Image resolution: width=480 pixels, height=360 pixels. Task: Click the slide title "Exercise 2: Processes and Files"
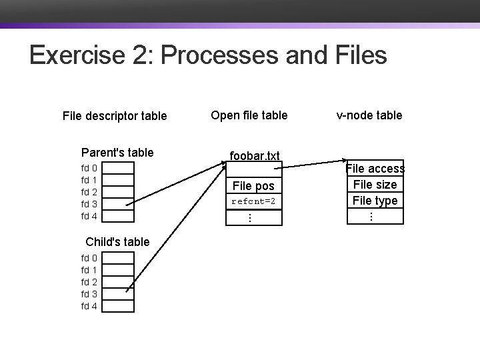pyautogui.click(x=208, y=55)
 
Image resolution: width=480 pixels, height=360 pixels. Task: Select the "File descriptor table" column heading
pyautogui.click(x=115, y=116)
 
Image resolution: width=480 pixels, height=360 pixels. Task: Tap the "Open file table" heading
pyautogui.click(x=249, y=115)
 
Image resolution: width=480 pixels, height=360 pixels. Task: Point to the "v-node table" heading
pyautogui.click(x=369, y=115)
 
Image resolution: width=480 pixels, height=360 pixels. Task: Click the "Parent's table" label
pyautogui.click(x=117, y=153)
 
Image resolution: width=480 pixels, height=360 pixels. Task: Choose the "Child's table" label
pyautogui.click(x=117, y=242)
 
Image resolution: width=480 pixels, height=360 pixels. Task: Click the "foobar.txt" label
pyautogui.click(x=253, y=156)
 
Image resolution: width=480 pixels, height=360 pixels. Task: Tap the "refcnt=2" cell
pyautogui.click(x=253, y=201)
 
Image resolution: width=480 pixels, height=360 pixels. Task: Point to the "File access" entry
pyautogui.click(x=375, y=169)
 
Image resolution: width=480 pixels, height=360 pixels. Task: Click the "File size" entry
pyautogui.click(x=375, y=185)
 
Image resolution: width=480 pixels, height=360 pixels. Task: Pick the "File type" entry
pyautogui.click(x=375, y=200)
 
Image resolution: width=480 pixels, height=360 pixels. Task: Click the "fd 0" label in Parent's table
pyautogui.click(x=89, y=168)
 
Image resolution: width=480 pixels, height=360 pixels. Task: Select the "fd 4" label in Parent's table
pyautogui.click(x=89, y=216)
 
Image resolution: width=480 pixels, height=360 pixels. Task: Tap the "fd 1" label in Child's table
pyautogui.click(x=89, y=270)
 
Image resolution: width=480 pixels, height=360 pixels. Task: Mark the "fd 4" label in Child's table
pyautogui.click(x=89, y=306)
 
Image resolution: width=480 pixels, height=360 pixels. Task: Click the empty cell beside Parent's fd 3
pyautogui.click(x=118, y=204)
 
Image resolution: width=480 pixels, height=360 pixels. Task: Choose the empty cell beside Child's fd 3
pyautogui.click(x=118, y=294)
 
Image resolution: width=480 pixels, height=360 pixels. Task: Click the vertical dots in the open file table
pyautogui.click(x=248, y=217)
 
